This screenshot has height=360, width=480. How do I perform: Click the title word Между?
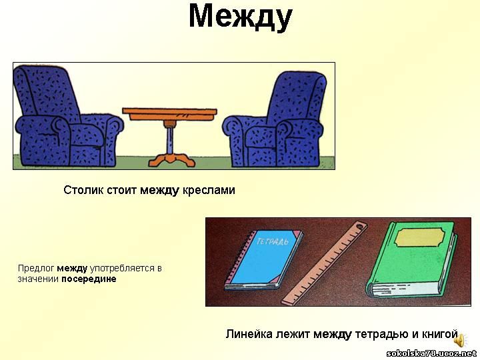tap(240, 17)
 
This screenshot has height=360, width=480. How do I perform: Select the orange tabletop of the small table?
tap(169, 114)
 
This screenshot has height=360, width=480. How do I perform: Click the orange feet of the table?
tap(172, 160)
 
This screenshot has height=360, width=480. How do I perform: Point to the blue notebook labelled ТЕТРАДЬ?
tap(263, 259)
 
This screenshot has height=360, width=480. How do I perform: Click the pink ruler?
tap(325, 263)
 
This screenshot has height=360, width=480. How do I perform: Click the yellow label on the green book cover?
tap(420, 237)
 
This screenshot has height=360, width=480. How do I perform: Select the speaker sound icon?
tap(459, 341)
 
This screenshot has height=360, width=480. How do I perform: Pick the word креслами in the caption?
tap(209, 191)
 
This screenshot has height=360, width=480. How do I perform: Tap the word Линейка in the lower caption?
tap(249, 334)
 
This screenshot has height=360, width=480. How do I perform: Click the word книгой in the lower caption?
tap(440, 334)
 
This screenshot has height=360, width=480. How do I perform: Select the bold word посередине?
tap(89, 279)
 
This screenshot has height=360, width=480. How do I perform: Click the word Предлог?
tap(36, 269)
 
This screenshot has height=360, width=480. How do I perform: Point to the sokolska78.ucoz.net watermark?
tap(431, 354)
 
